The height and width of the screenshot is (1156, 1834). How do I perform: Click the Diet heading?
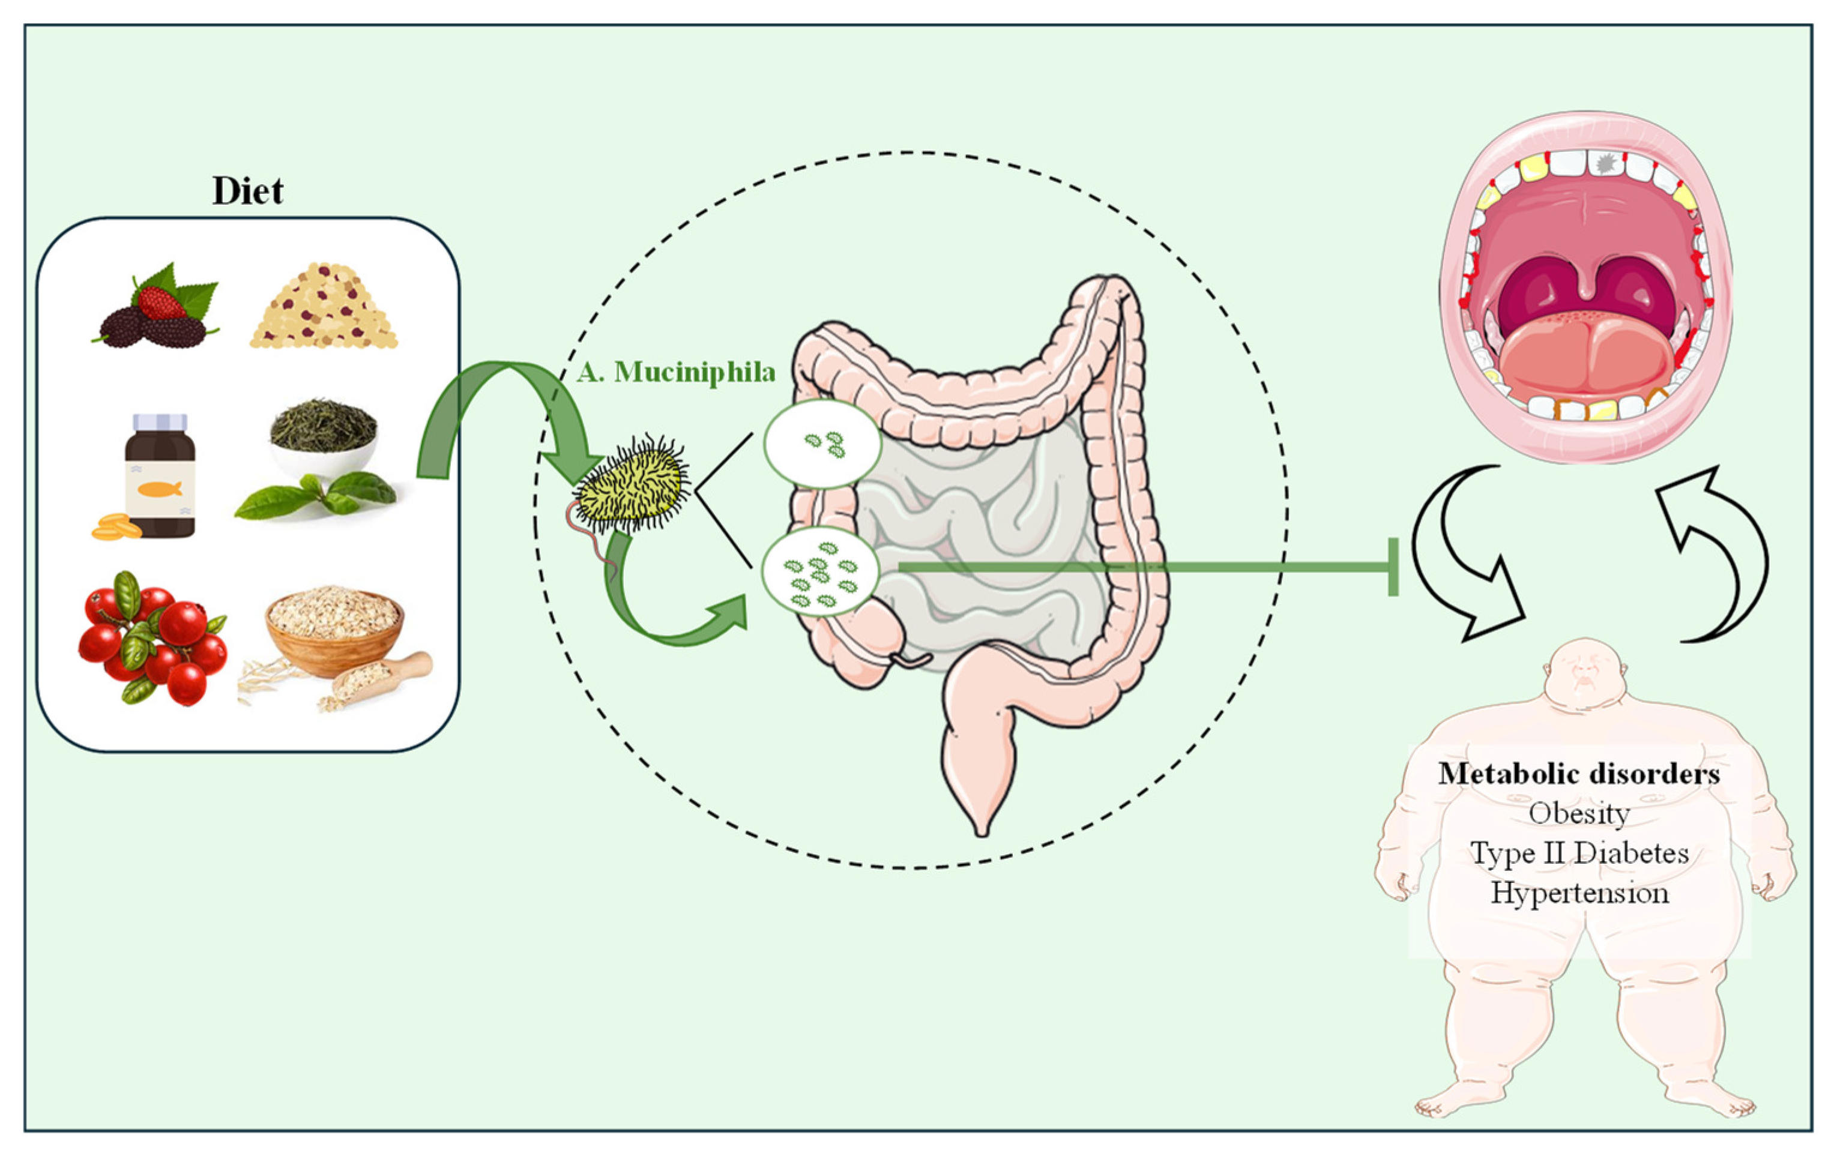(x=247, y=190)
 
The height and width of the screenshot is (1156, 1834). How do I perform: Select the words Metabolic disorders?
(x=1579, y=774)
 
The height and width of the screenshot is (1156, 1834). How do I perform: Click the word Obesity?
(x=1579, y=813)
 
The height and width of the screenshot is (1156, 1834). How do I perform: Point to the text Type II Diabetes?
(x=1579, y=853)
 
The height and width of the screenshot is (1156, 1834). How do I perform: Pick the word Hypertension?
(x=1579, y=893)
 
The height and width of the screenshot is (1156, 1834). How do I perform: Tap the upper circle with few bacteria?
(x=822, y=444)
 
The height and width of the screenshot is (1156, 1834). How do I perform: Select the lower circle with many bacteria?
(x=820, y=571)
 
